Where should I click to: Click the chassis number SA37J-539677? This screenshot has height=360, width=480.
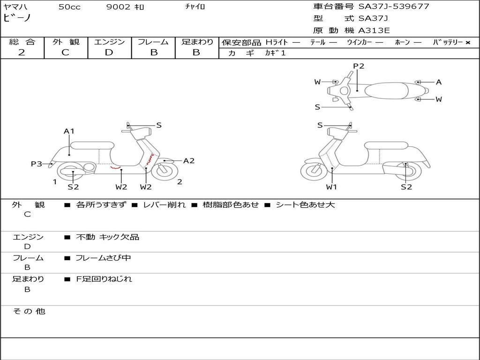pos(394,7)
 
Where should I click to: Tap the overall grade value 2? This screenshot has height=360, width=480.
pos(22,52)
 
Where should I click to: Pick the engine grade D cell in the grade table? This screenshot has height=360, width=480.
pos(109,52)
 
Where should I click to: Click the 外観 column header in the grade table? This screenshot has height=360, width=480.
pos(66,42)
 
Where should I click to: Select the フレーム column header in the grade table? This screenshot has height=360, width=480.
pos(153,42)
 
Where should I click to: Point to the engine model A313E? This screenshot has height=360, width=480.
pos(374,30)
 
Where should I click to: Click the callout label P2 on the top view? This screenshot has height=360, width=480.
pos(359,66)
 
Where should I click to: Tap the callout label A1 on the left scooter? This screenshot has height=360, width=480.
pos(69,131)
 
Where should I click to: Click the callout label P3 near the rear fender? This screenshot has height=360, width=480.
pos(37,164)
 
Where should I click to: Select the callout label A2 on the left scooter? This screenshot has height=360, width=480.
pos(188,161)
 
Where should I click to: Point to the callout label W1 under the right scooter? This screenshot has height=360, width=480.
pos(332,187)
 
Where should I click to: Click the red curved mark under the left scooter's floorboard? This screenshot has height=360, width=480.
pos(115,167)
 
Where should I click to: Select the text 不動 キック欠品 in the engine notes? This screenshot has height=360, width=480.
pos(108,237)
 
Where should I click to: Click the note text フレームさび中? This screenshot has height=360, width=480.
pos(103,258)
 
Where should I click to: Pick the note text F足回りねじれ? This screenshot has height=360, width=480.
pos(104,279)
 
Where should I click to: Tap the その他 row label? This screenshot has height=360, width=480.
pos(29,311)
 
